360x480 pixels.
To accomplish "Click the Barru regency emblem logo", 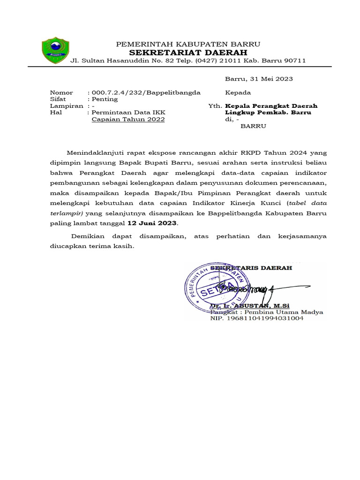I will [x=55, y=50].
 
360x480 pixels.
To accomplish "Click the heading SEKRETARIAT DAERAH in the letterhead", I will [x=188, y=52].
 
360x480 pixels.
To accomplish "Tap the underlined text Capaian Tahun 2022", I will [x=128, y=120].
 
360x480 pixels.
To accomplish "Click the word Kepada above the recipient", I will [x=238, y=92].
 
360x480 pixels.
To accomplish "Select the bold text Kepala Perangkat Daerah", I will [x=271, y=106].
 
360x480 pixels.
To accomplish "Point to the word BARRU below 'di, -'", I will [x=253, y=126].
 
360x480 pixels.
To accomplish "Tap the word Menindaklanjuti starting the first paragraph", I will [x=95, y=152].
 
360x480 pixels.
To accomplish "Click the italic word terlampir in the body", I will [x=66, y=213].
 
